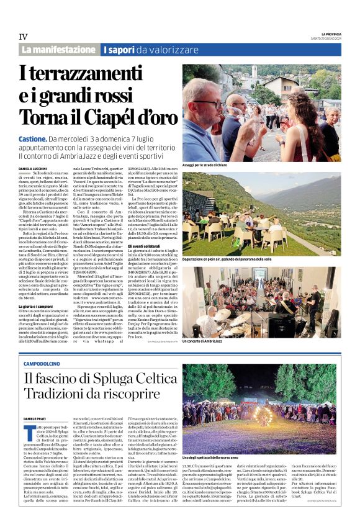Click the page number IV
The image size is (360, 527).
point(22,37)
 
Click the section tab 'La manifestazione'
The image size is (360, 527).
point(58,50)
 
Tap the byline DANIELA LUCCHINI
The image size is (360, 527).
point(34,169)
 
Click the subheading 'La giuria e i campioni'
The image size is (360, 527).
point(37,289)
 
